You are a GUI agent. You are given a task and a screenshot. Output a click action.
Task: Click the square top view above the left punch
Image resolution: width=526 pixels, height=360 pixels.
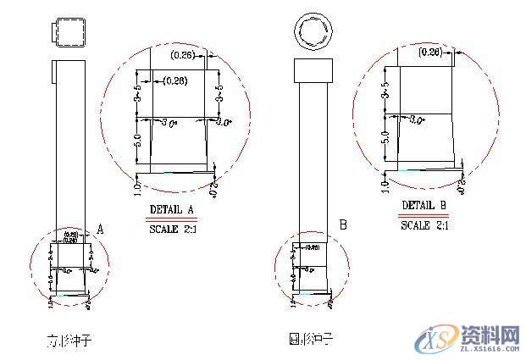pos(67,33)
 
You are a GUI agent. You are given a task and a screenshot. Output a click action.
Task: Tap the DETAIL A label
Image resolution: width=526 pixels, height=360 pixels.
pos(172,209)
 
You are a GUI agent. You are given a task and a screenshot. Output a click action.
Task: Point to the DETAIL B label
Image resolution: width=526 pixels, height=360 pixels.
pos(424,206)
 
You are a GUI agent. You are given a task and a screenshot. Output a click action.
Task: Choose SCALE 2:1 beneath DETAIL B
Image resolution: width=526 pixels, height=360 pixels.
pos(424,226)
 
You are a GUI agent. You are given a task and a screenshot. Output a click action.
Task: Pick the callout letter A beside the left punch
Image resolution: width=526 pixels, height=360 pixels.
pos(101,229)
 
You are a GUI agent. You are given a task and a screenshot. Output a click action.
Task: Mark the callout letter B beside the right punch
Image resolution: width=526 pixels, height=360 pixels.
pos(343,225)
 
